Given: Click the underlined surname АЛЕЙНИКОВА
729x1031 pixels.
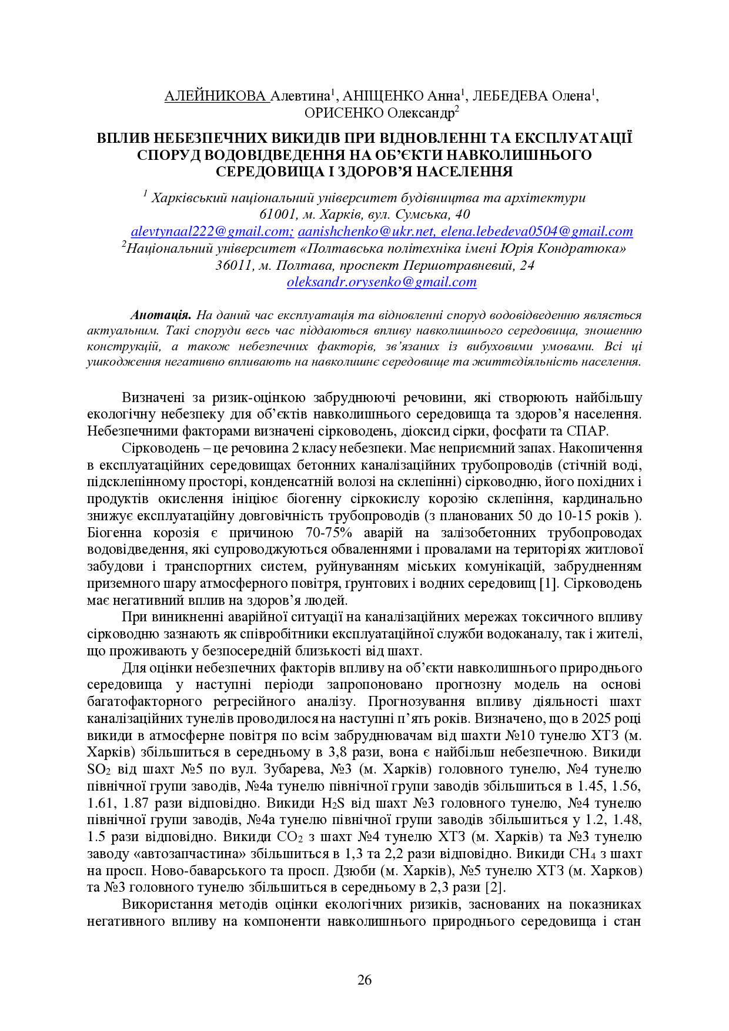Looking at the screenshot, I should (x=216, y=96).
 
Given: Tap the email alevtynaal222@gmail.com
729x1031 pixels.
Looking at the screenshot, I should (x=212, y=232).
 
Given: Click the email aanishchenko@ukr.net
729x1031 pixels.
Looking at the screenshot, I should (x=366, y=232).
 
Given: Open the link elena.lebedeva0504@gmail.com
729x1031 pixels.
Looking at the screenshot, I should (x=537, y=232).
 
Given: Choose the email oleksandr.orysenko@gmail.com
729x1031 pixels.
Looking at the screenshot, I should (x=382, y=282).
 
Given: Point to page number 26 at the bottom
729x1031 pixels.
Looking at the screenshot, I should (x=364, y=980).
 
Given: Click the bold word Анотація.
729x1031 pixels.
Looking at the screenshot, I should (x=161, y=316).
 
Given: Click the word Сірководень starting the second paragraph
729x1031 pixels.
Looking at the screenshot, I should (x=155, y=448).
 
